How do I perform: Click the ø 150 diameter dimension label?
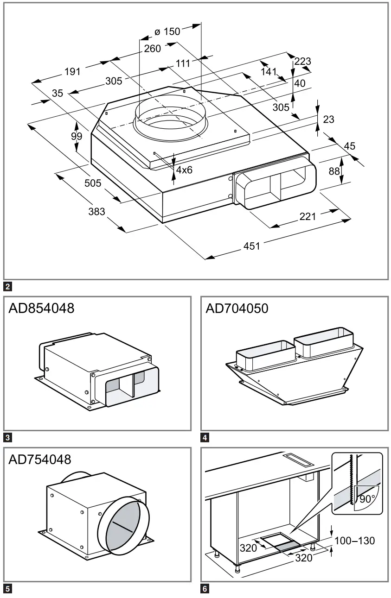click(167, 31)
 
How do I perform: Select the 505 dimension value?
click(93, 183)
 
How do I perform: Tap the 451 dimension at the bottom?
click(252, 246)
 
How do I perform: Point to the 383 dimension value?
click(97, 212)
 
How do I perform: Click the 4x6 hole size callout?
click(184, 170)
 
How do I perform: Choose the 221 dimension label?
click(308, 216)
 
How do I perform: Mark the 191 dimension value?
click(72, 72)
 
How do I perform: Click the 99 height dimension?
click(77, 136)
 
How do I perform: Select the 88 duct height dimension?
click(334, 171)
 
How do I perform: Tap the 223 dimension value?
click(302, 61)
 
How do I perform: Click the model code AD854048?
click(41, 308)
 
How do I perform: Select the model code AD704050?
click(237, 308)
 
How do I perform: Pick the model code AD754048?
click(40, 460)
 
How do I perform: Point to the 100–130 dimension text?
click(354, 541)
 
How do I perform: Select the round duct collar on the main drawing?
click(170, 119)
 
